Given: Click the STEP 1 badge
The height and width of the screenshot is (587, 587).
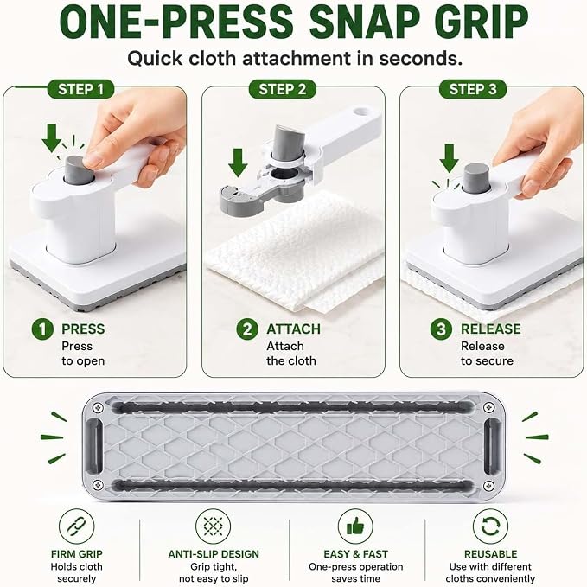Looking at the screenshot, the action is coord(81,89).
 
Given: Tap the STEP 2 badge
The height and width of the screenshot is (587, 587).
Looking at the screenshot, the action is coord(283,89).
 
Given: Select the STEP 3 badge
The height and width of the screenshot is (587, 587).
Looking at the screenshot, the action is coord(473,89).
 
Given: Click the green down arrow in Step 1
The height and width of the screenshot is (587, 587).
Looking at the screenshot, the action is coord(52,137).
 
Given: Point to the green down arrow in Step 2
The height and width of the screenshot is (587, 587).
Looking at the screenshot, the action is coord(238,163).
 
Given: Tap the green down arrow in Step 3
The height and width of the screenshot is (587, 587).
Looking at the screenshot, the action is coord(450,158).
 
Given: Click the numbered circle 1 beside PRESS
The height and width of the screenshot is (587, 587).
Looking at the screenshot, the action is coord(42,329).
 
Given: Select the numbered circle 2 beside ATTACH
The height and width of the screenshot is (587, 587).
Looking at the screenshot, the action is coord(247,329).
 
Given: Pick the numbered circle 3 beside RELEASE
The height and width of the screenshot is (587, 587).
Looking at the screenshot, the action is coord(441,329).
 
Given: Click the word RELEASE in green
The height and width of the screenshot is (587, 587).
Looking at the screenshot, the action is coord(490,329).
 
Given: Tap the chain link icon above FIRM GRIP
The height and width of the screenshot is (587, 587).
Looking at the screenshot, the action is coord(76,526).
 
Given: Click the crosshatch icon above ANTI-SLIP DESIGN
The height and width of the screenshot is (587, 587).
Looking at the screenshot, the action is coord(213,526).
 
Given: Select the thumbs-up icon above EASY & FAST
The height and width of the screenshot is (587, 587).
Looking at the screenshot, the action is coord(355,526).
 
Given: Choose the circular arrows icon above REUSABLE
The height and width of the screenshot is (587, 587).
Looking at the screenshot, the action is coord(490,526).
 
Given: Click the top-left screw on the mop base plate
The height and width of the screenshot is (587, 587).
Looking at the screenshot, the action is coord(98,407).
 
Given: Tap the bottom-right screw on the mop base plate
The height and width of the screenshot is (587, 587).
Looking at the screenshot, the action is coord(488,486).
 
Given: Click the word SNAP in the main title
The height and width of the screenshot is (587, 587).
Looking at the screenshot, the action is coord(363,22).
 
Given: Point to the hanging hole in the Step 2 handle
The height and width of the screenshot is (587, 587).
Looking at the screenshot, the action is coord(361,112).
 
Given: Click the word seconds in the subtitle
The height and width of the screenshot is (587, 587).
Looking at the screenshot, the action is coord(420,59).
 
